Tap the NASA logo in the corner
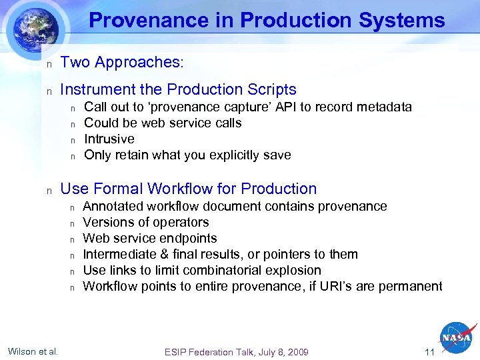click(x=457, y=338)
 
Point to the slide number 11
click(x=430, y=352)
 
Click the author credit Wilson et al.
click(x=33, y=351)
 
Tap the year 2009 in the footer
click(x=297, y=352)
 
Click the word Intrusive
click(x=109, y=139)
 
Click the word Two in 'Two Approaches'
click(x=75, y=62)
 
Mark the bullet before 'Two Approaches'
click(x=48, y=63)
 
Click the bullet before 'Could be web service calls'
click(x=74, y=124)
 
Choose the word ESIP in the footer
click(x=177, y=352)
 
